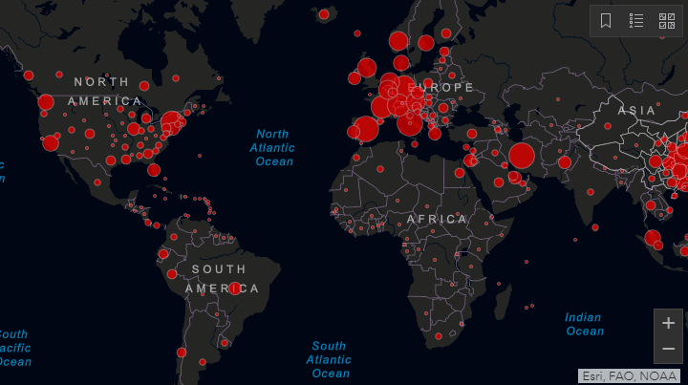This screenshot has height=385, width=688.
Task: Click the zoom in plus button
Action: coord(668,322)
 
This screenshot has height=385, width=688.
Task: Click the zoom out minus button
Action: coord(668,349)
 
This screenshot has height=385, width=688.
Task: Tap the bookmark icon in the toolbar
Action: coord(606,20)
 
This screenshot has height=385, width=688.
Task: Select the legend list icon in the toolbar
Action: coord(636,20)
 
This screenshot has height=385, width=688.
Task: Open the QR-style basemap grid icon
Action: coord(666,20)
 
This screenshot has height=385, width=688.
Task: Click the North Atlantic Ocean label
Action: coord(272,148)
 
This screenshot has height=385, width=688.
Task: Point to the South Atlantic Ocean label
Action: coord(329,359)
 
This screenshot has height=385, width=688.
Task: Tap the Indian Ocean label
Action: coord(584,324)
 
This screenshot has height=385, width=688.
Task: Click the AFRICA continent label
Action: coord(437,219)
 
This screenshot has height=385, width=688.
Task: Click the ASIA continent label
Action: coord(637,111)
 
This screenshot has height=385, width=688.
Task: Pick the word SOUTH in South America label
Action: coord(218,269)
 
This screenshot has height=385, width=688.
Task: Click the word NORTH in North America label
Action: coord(101,82)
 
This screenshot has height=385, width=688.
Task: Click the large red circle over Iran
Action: coord(522,156)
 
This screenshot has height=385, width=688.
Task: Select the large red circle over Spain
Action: coord(366,129)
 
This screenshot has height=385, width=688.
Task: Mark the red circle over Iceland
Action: coord(324,13)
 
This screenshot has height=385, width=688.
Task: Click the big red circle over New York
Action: coord(171,121)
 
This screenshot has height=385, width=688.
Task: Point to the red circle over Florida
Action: coord(154,170)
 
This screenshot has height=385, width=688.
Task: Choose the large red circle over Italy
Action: coord(411,122)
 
